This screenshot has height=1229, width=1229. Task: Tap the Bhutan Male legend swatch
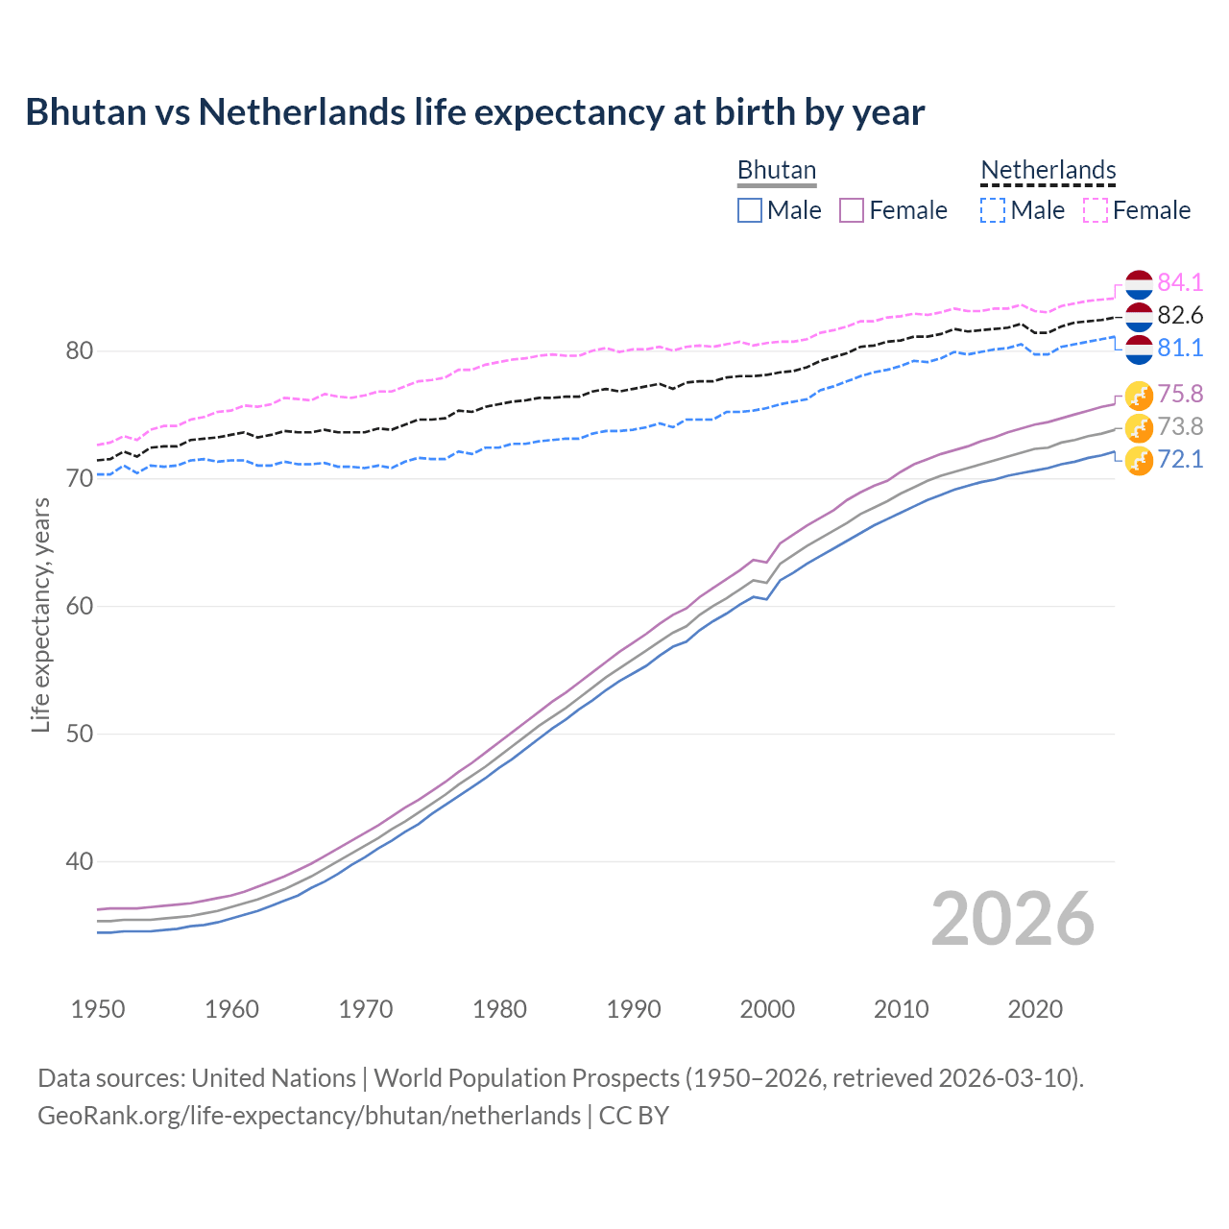[750, 210]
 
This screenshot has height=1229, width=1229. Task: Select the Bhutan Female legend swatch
[852, 210]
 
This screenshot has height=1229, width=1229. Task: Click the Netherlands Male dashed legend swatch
[993, 210]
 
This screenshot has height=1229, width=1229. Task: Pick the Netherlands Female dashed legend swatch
[1095, 210]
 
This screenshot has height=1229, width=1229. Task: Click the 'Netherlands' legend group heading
[1048, 170]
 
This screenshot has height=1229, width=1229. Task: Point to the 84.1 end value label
[1180, 283]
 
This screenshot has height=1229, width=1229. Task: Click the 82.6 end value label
[1180, 316]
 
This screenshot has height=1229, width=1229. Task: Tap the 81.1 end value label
[1180, 349]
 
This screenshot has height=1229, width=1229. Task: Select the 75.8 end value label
[1180, 395]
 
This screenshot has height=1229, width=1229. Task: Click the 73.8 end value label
[1180, 427]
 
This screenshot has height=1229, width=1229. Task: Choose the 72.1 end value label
[1180, 460]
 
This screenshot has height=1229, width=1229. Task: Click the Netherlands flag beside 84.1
[1139, 284]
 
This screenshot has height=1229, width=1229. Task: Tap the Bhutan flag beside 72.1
[1139, 461]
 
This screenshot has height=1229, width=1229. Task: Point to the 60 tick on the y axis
[80, 607]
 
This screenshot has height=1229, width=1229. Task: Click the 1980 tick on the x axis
[499, 1009]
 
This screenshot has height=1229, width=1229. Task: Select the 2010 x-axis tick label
[901, 1009]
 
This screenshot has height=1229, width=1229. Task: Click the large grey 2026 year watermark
[1013, 919]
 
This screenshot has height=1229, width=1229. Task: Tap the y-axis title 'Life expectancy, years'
[40, 614]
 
